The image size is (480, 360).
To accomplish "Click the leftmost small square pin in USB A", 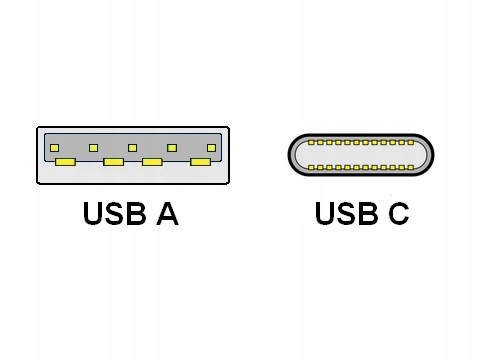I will point(54,148).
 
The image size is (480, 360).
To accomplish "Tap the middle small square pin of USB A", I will point(132,148).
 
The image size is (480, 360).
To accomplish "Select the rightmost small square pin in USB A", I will point(211,148).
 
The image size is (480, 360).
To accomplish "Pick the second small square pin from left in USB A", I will point(93,148).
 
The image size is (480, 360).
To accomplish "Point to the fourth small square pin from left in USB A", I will point(172,148).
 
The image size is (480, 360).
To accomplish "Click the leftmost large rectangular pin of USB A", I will point(66,161).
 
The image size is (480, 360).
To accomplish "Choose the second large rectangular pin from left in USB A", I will point(113,161).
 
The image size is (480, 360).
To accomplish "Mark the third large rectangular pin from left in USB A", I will point(153,161).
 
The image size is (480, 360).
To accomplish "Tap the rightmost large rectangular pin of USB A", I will point(200,161).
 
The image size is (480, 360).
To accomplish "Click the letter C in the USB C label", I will point(395,214).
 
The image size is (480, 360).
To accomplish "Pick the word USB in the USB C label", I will point(341,214).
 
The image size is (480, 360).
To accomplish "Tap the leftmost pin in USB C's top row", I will point(311,143).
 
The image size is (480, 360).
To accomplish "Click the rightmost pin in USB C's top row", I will point(410,143).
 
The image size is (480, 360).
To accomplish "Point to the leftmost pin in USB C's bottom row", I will point(311,167).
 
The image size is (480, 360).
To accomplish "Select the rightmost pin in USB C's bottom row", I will point(410,167).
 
